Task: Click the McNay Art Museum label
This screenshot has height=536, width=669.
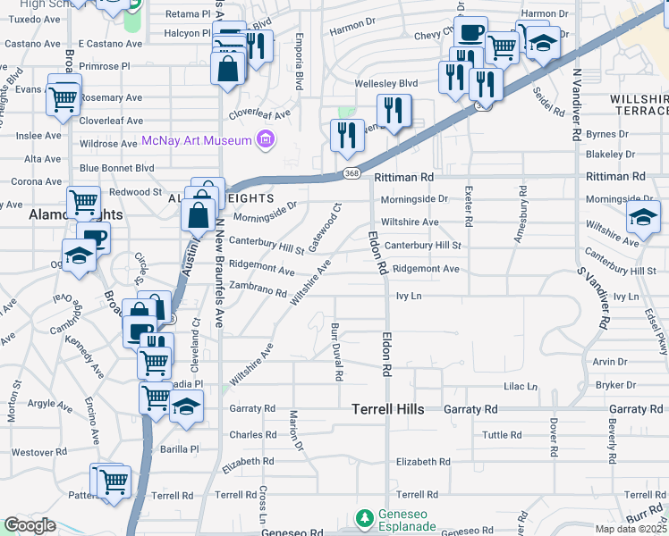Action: [x=196, y=139]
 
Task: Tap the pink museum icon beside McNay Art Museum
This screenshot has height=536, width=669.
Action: [x=264, y=138]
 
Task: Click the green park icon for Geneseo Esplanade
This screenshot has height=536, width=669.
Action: [x=364, y=518]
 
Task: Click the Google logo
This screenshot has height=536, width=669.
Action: [x=30, y=525]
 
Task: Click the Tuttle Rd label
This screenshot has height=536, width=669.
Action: [x=502, y=435]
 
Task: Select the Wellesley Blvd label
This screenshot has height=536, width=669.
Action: [x=386, y=83]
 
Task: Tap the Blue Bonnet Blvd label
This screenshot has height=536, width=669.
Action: [x=116, y=167]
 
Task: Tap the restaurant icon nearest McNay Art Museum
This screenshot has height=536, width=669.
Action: [x=346, y=135]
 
